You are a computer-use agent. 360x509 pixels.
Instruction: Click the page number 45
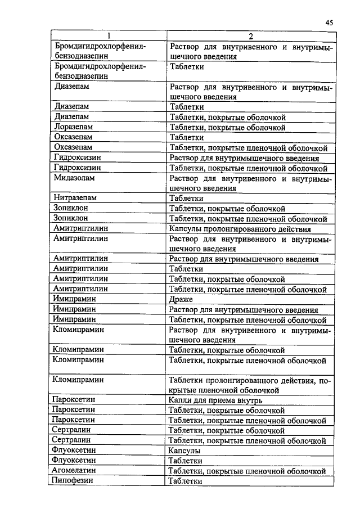330,22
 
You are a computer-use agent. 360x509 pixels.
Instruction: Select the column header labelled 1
107,37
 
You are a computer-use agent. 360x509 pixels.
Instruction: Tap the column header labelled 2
251,37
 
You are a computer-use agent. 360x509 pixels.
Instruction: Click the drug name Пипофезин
71,481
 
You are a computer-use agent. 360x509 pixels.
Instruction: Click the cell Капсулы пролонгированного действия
240,229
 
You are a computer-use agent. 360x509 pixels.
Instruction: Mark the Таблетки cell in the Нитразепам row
186,198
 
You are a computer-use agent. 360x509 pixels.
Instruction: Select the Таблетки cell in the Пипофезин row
185,481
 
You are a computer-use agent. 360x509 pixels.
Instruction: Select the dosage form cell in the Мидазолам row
250,183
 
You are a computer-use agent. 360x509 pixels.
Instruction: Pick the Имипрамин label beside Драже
73,299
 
